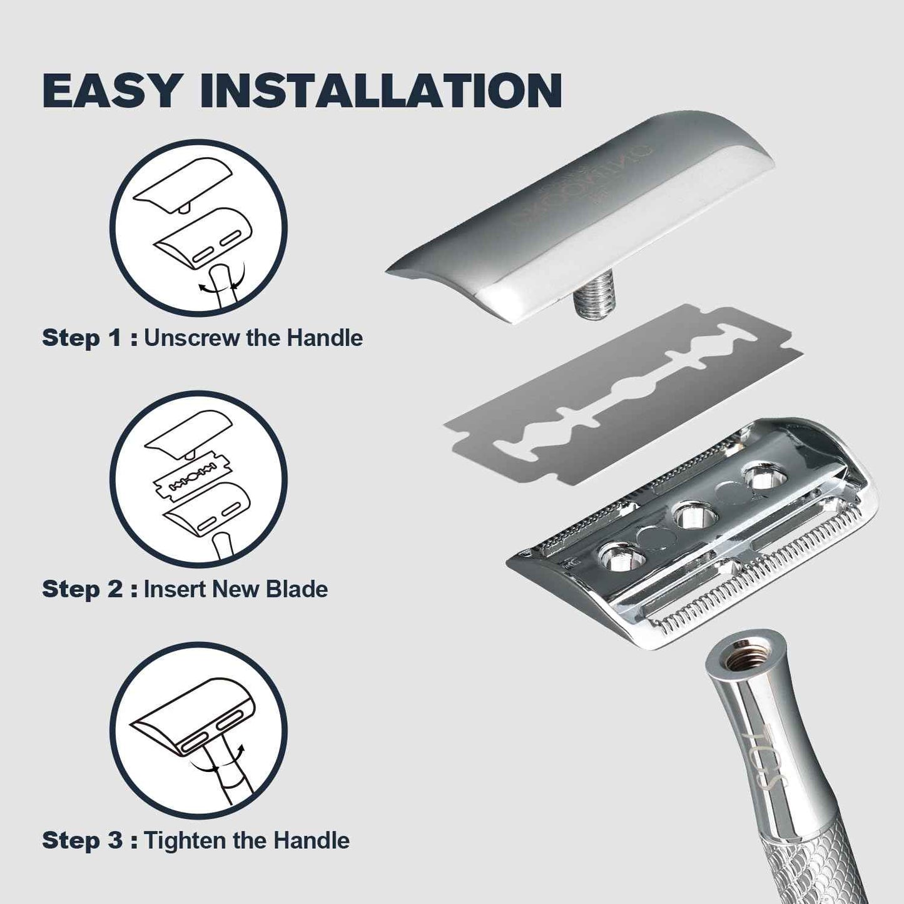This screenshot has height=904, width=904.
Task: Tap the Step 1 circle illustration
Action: (x=198, y=228)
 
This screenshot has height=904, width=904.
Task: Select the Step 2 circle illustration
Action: (x=198, y=479)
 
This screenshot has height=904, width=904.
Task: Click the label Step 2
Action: (x=82, y=589)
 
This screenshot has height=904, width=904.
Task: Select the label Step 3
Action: (x=82, y=840)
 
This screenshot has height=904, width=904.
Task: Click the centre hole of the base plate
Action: (x=693, y=516)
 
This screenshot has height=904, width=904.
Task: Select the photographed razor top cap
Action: (x=582, y=213)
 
